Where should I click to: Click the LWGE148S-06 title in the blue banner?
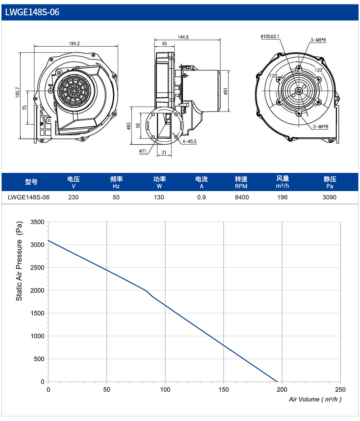(32, 12)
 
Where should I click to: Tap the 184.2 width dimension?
(74, 43)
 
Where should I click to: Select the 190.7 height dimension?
(17, 92)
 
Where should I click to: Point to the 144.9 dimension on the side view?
(183, 37)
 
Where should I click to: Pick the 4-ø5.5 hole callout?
(190, 141)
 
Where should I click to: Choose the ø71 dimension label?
(143, 151)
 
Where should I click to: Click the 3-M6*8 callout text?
(318, 40)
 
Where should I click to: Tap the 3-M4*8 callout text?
(320, 127)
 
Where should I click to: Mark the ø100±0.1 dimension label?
(270, 36)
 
